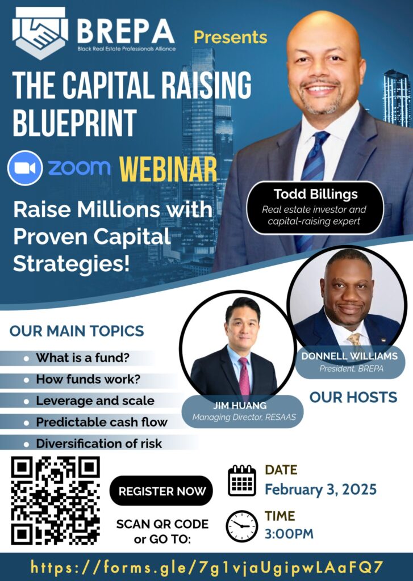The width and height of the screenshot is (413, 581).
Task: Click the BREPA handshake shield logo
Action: [40, 32]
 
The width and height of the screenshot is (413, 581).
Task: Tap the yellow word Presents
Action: [231, 37]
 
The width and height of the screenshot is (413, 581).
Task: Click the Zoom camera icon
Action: [25, 168]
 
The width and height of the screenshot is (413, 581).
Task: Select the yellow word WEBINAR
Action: [168, 169]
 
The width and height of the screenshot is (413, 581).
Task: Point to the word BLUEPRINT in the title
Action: [74, 123]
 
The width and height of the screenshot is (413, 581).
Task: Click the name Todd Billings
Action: [316, 194]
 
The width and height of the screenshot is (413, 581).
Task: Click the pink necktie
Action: [244, 376]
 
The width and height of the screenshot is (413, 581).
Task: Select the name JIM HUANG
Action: [240, 405]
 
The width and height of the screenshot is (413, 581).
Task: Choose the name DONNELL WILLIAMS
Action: [349, 356]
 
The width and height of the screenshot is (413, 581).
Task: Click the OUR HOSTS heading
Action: [353, 397]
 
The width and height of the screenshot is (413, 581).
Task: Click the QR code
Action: [56, 500]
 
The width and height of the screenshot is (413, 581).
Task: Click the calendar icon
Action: [242, 481]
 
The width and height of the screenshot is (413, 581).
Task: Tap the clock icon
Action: [242, 526]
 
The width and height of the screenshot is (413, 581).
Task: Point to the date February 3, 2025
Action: [320, 490]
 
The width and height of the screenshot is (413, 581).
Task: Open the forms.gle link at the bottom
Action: [206, 567]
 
